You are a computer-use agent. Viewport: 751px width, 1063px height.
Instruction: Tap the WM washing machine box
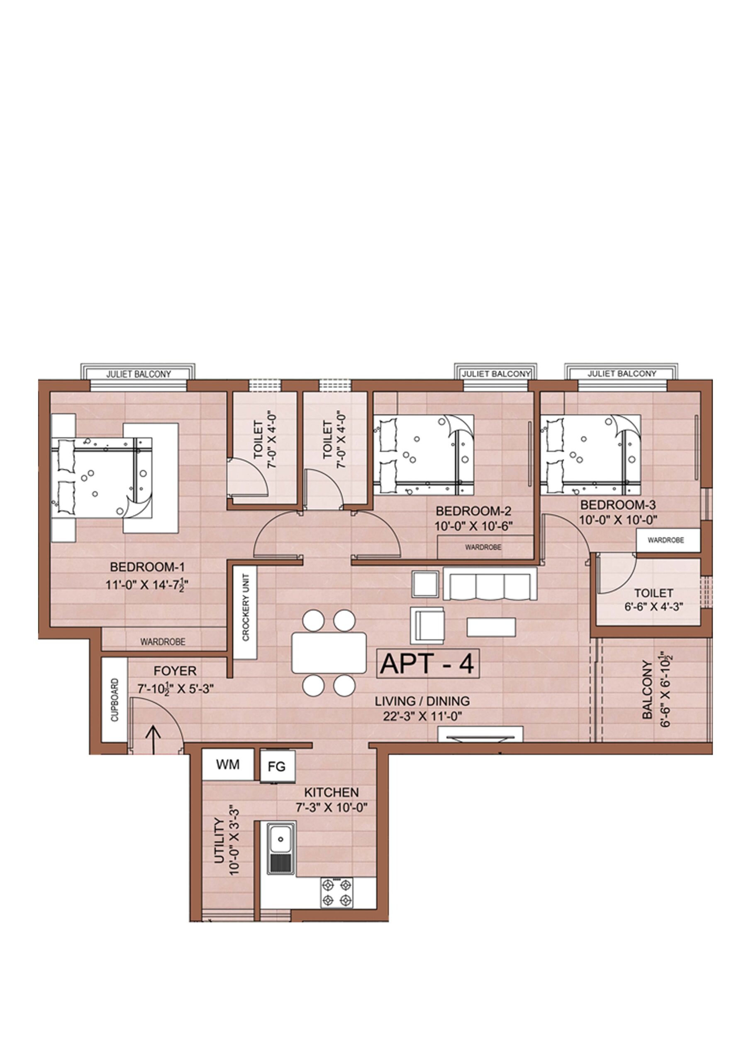pos(228,764)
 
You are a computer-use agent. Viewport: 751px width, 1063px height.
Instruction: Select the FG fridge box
pos(277,767)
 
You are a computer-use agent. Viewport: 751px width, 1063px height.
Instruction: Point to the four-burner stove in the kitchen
pos(336,893)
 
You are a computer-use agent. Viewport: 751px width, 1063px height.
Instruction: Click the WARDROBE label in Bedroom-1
pos(163,642)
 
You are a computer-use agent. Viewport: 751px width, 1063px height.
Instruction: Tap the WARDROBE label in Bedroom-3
pos(666,540)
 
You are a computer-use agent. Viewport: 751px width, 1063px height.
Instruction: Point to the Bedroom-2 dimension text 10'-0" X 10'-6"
pos(474,526)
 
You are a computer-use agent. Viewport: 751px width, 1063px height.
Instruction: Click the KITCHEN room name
pos(331,792)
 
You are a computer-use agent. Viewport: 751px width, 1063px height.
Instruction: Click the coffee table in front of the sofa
pos(491,627)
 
